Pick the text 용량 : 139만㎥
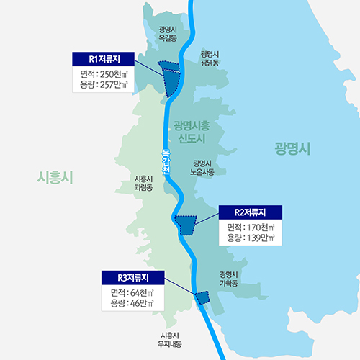tap(250, 238)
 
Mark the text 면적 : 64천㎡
tap(134, 292)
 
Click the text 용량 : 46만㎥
tap(134, 304)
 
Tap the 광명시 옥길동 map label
tap(168, 34)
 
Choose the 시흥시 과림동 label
tap(144, 182)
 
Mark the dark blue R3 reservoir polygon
tap(202, 297)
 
